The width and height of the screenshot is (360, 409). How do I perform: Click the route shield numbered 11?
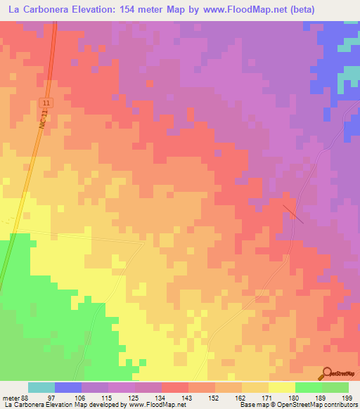tap(46, 103)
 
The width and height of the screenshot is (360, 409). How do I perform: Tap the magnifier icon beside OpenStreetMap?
tap(326, 374)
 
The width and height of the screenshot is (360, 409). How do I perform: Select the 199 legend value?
tap(348, 398)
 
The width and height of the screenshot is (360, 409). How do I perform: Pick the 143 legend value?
tap(188, 398)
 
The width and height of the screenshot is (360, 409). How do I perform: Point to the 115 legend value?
tap(108, 398)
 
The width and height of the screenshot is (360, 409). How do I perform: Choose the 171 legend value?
tap(268, 398)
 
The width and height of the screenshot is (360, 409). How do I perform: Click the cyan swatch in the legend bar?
tap(41, 387)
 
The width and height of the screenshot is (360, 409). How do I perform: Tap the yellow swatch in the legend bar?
tap(281, 387)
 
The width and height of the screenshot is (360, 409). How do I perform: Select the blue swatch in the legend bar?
tap(68, 387)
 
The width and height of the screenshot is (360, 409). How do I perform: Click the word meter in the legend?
tap(10, 398)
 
